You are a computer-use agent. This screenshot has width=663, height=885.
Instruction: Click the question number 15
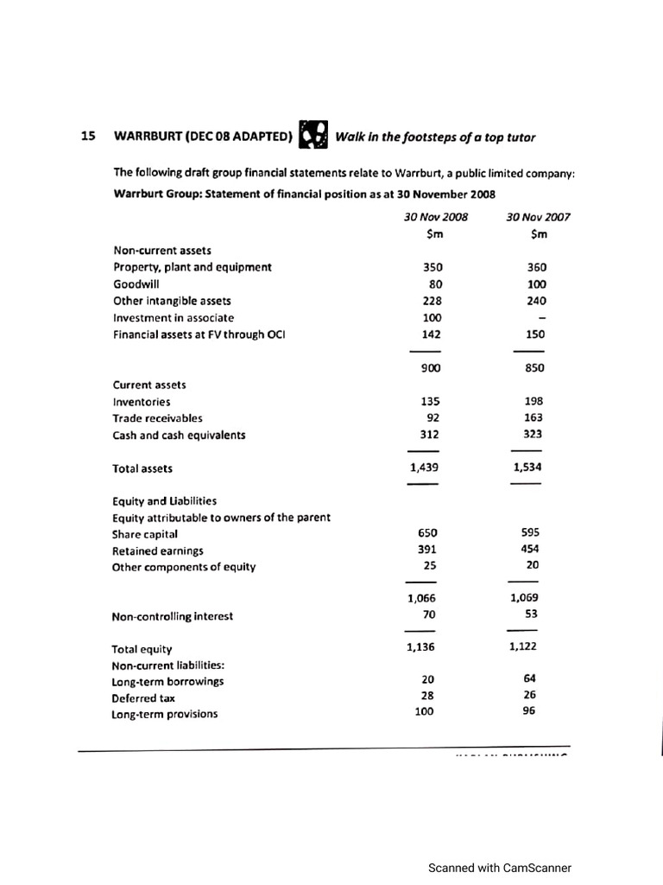pos(87,137)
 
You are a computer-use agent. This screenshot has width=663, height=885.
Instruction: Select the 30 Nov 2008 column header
pos(435,217)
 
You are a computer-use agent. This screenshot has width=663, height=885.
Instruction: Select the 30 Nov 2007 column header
pos(540,217)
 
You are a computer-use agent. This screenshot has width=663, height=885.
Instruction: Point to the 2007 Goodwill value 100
pos(535,283)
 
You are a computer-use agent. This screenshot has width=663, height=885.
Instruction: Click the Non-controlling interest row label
pos(172,616)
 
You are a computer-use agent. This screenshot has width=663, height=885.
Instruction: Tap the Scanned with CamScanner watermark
pos(500,868)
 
